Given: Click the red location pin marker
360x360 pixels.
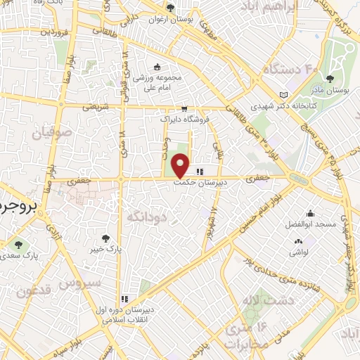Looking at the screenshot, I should [x=181, y=165].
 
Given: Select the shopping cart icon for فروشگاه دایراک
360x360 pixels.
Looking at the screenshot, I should [x=184, y=109].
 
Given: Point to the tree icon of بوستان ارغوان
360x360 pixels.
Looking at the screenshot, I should [x=170, y=8].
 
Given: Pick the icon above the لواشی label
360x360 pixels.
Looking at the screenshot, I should [x=299, y=242].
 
